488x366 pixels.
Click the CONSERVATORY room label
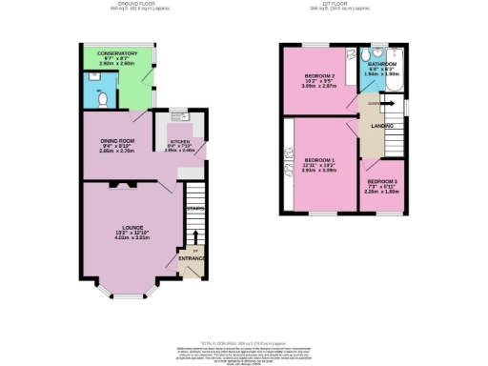point(104,53)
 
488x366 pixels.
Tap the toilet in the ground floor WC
point(100,95)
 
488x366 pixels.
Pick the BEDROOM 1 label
point(319,160)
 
